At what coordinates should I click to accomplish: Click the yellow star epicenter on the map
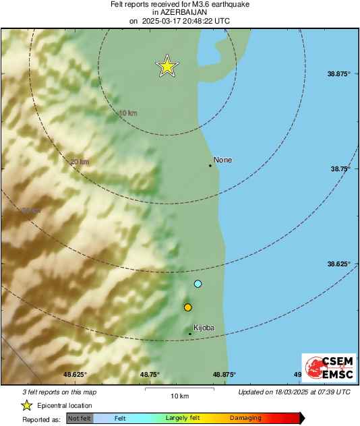167,66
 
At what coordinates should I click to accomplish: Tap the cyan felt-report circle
198,284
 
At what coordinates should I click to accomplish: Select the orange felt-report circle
188,307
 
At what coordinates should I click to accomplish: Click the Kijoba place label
204,328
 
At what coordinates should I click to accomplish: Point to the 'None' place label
222,160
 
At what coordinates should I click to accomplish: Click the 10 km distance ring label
127,113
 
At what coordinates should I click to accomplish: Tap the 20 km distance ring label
80,161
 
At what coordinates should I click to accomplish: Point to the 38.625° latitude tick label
338,264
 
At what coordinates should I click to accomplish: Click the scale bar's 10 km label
179,395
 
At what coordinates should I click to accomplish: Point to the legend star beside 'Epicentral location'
27,405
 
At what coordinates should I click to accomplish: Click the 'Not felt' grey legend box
80,418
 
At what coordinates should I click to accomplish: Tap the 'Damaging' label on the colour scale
245,418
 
